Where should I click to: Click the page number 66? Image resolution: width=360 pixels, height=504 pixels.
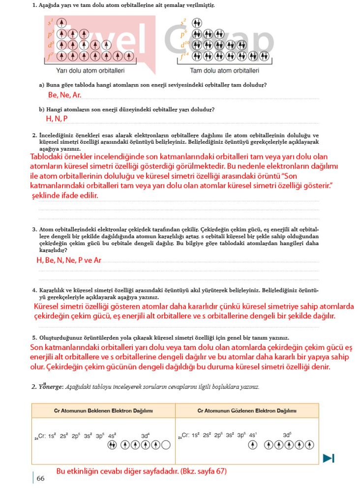click(40, 478)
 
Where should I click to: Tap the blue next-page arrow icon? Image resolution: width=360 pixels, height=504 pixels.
click(329, 458)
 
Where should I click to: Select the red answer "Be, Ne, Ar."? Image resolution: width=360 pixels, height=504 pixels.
click(64, 94)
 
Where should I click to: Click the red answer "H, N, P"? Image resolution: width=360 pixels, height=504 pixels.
click(57, 119)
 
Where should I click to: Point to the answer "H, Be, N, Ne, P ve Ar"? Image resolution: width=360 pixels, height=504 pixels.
click(69, 260)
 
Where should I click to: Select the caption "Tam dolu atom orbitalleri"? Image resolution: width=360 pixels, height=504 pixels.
click(224, 70)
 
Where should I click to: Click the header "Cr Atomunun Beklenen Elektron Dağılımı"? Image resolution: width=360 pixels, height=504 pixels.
click(103, 410)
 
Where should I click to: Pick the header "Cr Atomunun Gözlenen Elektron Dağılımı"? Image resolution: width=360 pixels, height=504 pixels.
click(247, 410)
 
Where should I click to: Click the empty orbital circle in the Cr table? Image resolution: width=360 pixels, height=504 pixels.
click(166, 445)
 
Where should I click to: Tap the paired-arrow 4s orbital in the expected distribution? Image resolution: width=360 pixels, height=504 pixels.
click(112, 445)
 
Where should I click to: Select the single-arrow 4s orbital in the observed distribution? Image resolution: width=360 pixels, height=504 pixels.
click(253, 445)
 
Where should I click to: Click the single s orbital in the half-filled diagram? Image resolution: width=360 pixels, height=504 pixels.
click(61, 23)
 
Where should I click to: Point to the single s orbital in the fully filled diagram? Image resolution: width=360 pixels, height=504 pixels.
click(197, 23)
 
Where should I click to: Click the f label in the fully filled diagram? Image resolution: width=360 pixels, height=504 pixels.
click(184, 55)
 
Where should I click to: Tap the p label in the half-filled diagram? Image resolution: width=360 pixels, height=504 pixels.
click(51, 33)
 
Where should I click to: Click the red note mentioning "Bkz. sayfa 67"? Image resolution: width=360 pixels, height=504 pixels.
click(141, 471)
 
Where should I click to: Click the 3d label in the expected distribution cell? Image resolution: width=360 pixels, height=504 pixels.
click(145, 436)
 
